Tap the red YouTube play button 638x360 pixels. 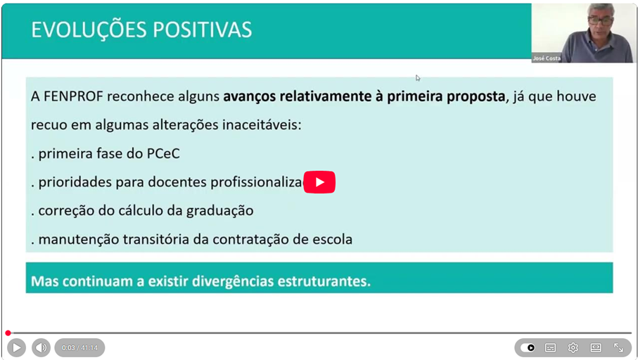pos(319,182)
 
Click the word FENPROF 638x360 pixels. pos(73,96)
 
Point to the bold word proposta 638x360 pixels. pos(476,97)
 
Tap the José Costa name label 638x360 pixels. pos(547,58)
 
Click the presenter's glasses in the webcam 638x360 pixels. pos(600,20)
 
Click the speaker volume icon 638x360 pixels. pos(41,348)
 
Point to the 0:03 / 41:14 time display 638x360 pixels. pos(79,348)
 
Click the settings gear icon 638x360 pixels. pos(573,348)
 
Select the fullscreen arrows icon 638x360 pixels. pos(618,348)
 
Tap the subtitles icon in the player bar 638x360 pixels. pos(550,348)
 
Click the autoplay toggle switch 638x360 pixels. pos(528,348)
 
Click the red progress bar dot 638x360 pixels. pos(8,333)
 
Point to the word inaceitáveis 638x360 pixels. pos(262,125)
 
